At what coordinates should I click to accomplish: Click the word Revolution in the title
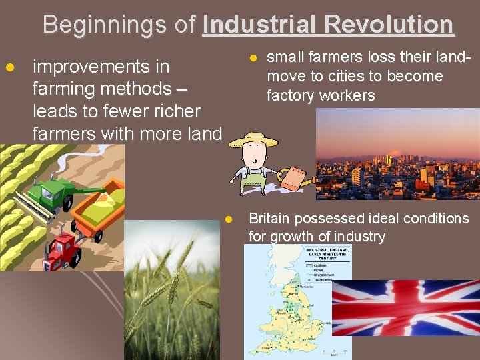click(x=393, y=25)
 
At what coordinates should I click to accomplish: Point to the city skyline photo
click(x=397, y=154)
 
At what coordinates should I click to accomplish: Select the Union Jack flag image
click(x=405, y=307)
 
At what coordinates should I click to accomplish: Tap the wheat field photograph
click(x=171, y=291)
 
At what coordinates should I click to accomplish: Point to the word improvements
click(x=101, y=67)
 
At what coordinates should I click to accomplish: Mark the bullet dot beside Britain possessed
click(x=228, y=219)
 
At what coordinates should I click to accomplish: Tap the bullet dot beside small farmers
click(x=253, y=58)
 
